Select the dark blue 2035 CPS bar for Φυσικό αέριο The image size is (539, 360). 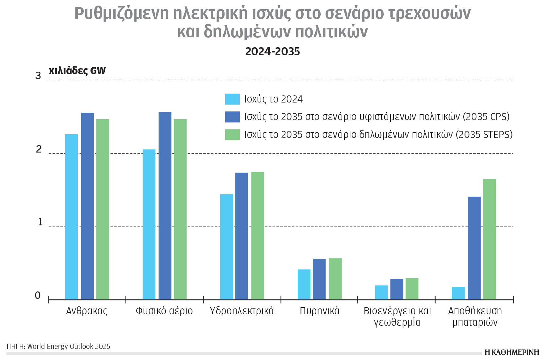165,206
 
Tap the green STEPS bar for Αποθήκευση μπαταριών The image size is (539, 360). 489,239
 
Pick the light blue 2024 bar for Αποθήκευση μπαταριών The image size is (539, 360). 458,293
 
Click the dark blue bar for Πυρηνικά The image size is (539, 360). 319,279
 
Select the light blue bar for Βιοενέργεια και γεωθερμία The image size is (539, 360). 381,292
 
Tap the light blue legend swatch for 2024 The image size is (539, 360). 232,99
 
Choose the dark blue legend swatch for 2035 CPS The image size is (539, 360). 232,117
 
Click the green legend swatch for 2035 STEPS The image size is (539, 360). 232,135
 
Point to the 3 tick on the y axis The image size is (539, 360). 38,76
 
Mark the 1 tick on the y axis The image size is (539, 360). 40,222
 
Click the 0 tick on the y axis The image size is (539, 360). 38,295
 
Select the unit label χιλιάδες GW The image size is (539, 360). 77,71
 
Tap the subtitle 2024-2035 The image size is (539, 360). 272,52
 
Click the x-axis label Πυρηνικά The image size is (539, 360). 319,311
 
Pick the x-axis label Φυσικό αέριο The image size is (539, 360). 164,311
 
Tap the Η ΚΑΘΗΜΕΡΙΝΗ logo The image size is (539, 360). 512,352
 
